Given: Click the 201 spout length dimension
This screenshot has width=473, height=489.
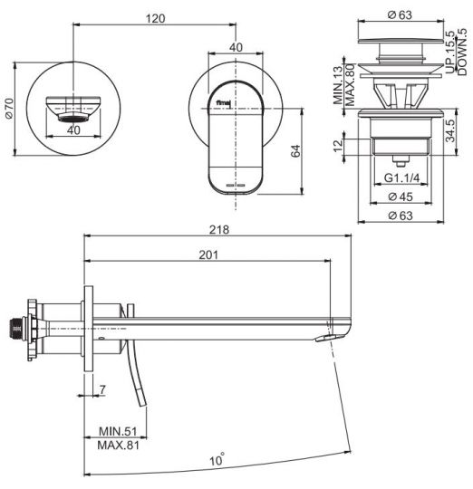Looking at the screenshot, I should [x=208, y=255].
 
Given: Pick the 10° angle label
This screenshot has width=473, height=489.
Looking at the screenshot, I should [x=217, y=460].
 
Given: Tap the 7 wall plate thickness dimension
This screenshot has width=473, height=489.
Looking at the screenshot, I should [x=104, y=389].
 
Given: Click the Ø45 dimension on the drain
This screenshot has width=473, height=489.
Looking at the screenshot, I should [x=401, y=197].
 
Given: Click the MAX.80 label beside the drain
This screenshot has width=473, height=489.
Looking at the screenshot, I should [x=350, y=84].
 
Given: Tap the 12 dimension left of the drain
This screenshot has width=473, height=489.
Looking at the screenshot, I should [x=338, y=146].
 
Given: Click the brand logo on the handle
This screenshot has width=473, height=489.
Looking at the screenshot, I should [x=222, y=103].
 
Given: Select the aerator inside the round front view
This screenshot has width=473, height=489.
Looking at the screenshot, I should [x=72, y=117].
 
